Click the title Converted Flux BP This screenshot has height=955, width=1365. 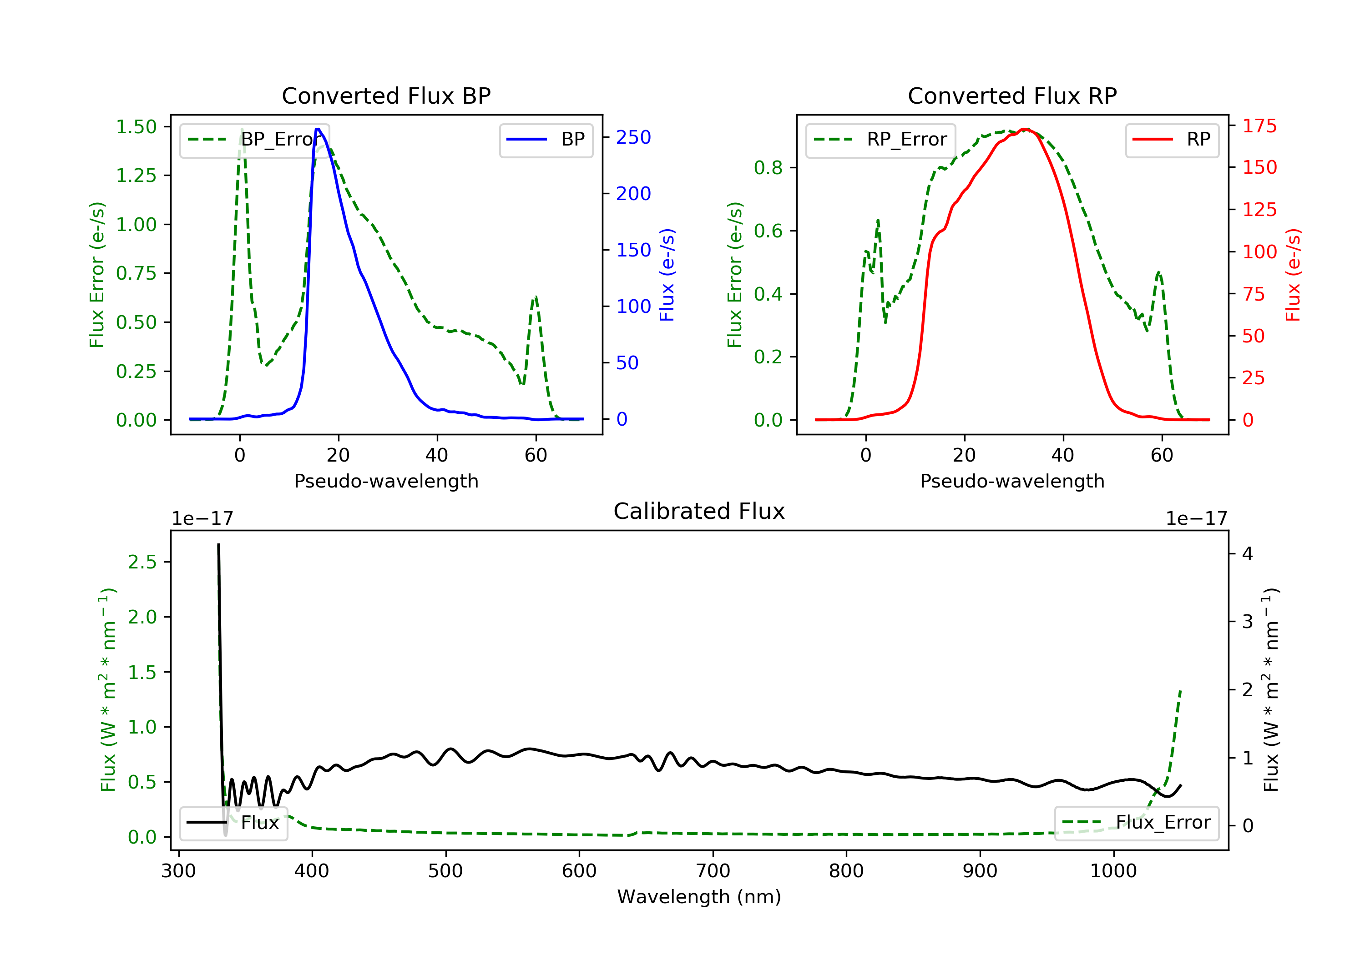(386, 95)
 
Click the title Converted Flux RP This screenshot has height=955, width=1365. (1012, 95)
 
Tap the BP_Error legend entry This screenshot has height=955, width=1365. (254, 140)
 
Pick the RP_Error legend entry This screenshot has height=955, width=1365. (880, 140)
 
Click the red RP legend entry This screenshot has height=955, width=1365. (1172, 140)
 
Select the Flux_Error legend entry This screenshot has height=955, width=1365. (1136, 823)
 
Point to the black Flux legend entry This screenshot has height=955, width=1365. (234, 823)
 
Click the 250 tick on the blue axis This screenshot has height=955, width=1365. (633, 137)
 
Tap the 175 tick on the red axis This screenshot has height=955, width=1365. (1259, 126)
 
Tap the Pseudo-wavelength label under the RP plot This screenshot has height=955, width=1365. (1012, 481)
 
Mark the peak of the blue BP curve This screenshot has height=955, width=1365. (318, 129)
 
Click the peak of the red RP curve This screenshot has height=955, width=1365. (1026, 129)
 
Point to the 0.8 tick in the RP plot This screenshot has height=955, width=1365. (768, 168)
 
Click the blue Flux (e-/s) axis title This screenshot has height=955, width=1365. (667, 275)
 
